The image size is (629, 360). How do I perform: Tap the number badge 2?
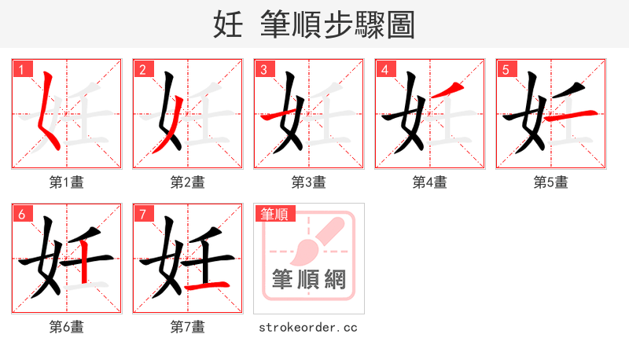pyautogui.click(x=142, y=68)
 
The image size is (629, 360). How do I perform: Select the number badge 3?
pyautogui.click(x=263, y=68)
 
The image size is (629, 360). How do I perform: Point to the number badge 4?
pyautogui.click(x=384, y=68)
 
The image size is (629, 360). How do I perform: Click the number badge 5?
pyautogui.click(x=506, y=68)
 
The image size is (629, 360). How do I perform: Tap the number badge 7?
pyautogui.click(x=142, y=213)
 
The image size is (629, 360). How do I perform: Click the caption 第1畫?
pyautogui.click(x=67, y=182)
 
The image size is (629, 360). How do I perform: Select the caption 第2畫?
pyautogui.click(x=188, y=182)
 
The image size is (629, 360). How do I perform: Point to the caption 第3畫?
pyautogui.click(x=309, y=182)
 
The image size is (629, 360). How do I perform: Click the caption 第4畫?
pyautogui.click(x=430, y=182)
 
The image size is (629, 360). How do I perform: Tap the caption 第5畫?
pyautogui.click(x=551, y=182)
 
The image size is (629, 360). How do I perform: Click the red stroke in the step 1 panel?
pyautogui.click(x=48, y=110)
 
